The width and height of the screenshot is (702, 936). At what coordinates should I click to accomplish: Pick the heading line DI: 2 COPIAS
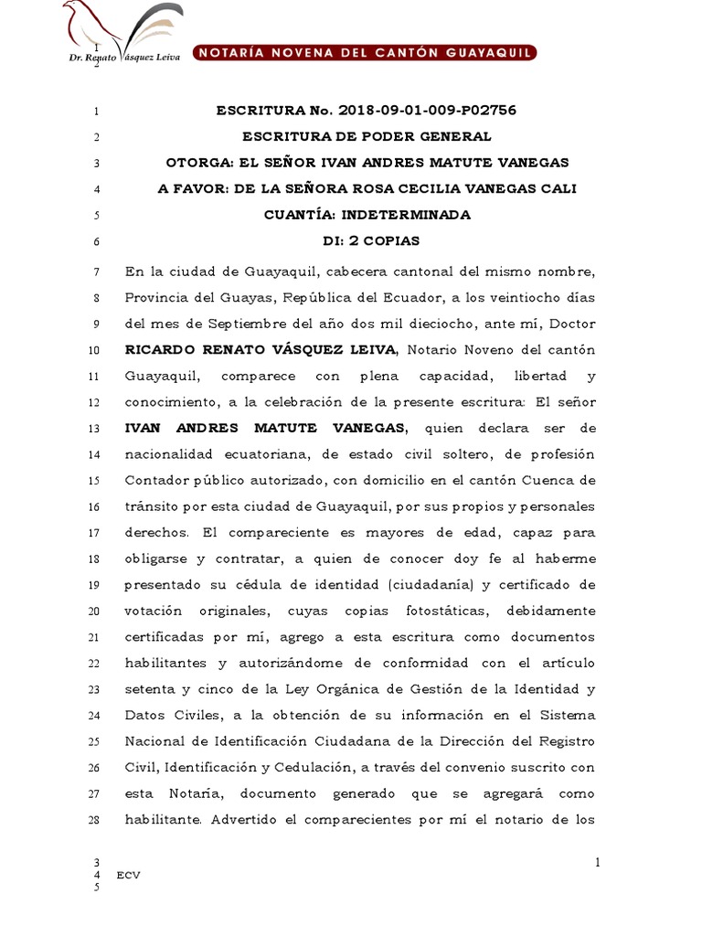pyautogui.click(x=366, y=242)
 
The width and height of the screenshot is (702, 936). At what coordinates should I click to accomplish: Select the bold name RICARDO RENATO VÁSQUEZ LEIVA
pyautogui.click(x=261, y=349)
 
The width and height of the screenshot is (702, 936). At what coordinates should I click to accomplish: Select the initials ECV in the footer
pyautogui.click(x=128, y=875)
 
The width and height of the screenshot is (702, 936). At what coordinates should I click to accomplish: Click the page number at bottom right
pyautogui.click(x=597, y=862)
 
